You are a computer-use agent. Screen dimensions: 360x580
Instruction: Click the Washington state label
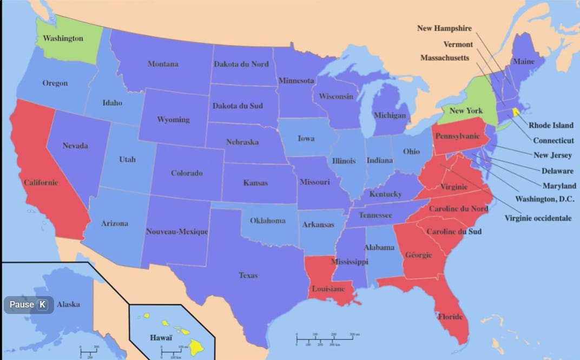point(63,38)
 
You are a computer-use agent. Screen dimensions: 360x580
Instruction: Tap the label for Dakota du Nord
point(241,64)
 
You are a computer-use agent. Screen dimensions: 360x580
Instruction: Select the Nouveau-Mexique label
point(177,232)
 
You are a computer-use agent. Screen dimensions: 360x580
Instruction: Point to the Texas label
point(248,276)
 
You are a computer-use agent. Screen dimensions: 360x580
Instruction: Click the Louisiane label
point(328,289)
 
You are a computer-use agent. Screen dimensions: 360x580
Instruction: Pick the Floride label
point(450,317)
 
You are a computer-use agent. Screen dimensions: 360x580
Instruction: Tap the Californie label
point(41,182)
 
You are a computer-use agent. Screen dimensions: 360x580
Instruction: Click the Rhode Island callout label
point(551,125)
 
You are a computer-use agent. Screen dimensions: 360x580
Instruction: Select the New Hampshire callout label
point(444,28)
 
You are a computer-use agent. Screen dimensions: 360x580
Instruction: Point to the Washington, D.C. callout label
point(545,199)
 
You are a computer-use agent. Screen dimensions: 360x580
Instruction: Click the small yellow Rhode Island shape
point(516,112)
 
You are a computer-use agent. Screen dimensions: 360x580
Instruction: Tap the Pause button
point(22,305)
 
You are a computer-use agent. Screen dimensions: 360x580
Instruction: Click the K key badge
point(42,305)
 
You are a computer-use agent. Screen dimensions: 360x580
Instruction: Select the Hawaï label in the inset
point(161,338)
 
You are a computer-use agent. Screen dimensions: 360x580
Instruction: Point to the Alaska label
point(68,304)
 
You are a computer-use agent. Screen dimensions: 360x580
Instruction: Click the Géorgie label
point(418,255)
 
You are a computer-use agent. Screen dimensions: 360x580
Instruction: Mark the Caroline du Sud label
point(454,232)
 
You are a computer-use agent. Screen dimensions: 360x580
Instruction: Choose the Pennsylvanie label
point(457,136)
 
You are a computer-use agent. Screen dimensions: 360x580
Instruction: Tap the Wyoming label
point(173,120)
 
